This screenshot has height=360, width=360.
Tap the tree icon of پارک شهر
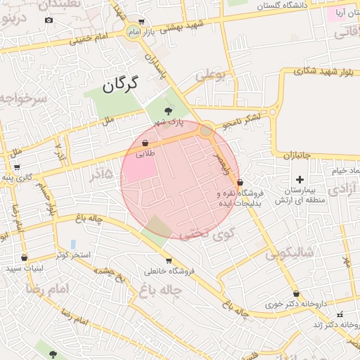(x=167, y=110)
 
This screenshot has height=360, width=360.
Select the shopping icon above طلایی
(x=145, y=143)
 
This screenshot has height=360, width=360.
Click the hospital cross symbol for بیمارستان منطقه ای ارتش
(x=301, y=179)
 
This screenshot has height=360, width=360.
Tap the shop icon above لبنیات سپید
(x=25, y=258)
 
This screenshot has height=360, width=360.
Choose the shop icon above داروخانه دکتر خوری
(x=296, y=294)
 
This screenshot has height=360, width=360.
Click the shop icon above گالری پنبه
(x=16, y=167)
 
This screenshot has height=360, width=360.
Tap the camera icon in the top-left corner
(x=49, y=20)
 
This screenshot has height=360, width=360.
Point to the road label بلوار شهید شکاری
(x=319, y=71)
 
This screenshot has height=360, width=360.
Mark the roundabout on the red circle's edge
(x=205, y=130)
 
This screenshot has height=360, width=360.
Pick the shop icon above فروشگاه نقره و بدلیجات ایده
(x=240, y=182)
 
